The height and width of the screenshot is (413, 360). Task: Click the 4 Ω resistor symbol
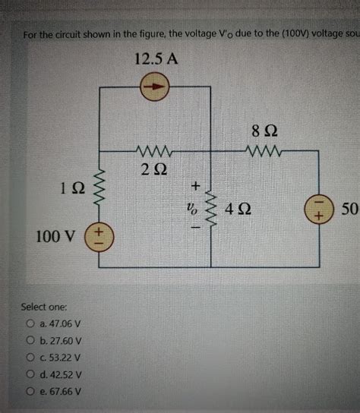pos(211,206)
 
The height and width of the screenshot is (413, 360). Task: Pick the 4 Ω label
pos(240,206)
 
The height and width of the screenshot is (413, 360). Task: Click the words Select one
pos(46,307)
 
